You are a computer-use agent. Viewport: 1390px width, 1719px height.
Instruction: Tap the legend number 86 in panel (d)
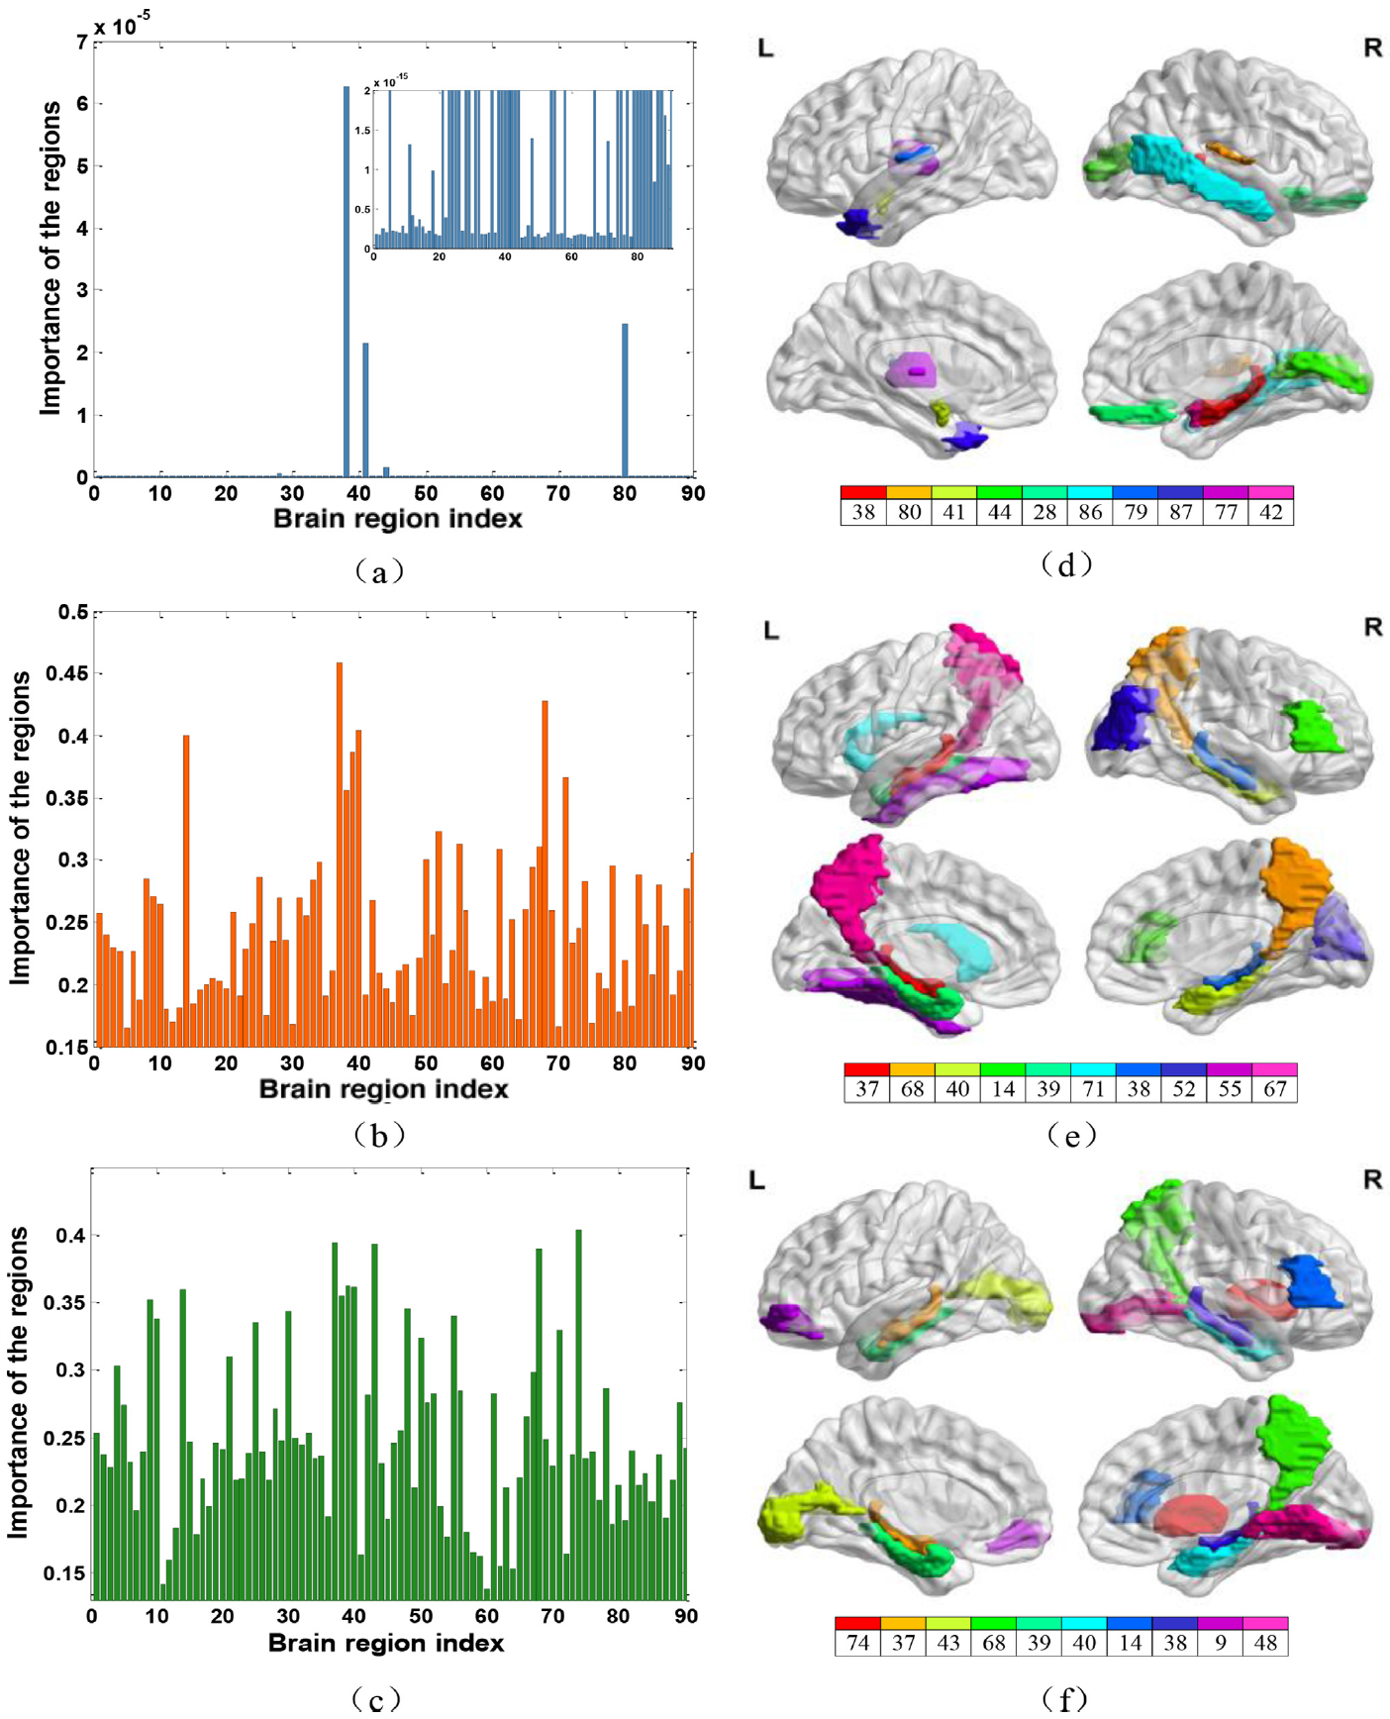(1090, 512)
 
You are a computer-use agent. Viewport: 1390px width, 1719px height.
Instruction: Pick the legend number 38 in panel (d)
(863, 512)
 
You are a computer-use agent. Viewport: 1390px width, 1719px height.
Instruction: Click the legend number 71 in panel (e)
(1093, 1089)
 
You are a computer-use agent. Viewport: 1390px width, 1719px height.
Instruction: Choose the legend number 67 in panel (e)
(1275, 1089)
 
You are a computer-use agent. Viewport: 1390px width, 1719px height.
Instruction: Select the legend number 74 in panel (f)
(857, 1643)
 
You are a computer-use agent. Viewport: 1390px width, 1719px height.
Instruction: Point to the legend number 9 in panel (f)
(1221, 1643)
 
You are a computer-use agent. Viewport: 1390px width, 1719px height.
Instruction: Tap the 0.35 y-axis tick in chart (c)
(63, 1303)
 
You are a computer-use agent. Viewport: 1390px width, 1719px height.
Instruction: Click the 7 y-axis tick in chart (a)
(81, 43)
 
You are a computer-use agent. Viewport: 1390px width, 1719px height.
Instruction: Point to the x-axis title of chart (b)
(384, 1089)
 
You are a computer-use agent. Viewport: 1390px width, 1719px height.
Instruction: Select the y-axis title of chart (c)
(18, 1382)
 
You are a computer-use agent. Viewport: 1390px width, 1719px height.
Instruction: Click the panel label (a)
(378, 570)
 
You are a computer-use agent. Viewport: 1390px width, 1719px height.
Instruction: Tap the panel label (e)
(1071, 1135)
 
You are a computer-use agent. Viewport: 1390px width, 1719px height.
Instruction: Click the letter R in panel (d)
(1372, 48)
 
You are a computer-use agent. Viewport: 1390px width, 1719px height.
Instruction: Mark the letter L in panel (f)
(757, 1180)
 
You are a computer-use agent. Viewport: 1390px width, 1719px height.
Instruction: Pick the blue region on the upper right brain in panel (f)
(1312, 1282)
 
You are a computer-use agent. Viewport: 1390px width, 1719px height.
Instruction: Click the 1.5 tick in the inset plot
(363, 131)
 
